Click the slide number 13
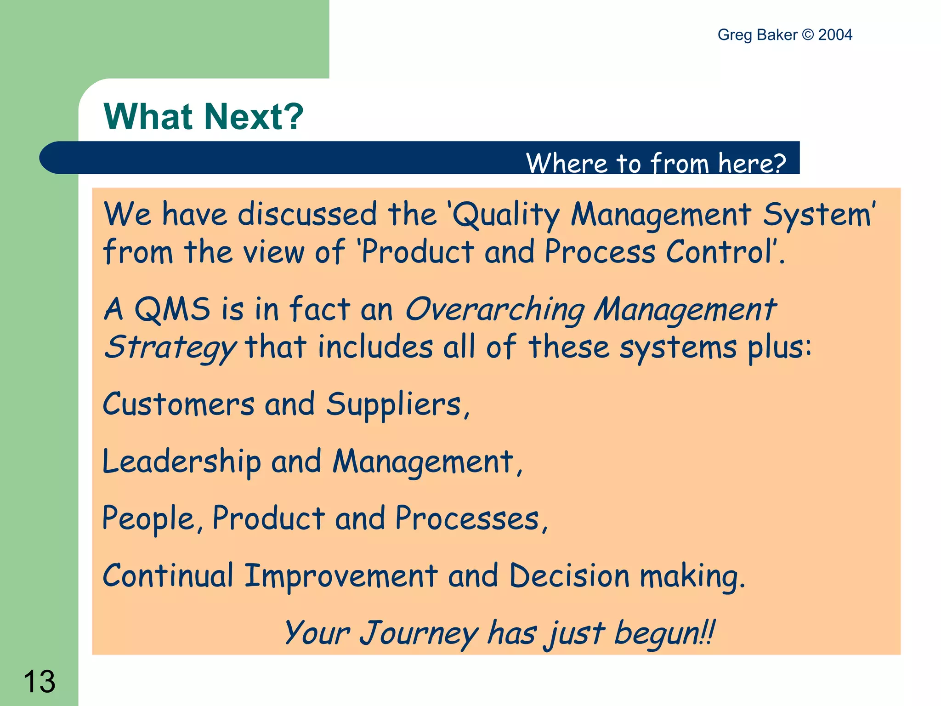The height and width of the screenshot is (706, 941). pos(40,681)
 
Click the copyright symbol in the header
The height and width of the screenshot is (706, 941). pos(808,35)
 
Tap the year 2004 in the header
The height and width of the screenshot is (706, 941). pos(835,35)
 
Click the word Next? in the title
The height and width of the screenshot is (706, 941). pos(254,117)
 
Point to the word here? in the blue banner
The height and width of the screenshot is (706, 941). pos(752,163)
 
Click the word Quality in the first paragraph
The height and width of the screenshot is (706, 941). pos(506,215)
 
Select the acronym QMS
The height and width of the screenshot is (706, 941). pos(172,309)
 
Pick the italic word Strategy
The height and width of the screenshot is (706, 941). pos(170,347)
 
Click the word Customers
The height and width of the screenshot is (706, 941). pos(178,404)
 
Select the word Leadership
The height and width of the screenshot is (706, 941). pos(181,461)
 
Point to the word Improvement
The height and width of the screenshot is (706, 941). pos(340,575)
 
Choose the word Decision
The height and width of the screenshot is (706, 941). pos(569,575)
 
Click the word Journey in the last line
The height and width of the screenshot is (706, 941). pos(419,633)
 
